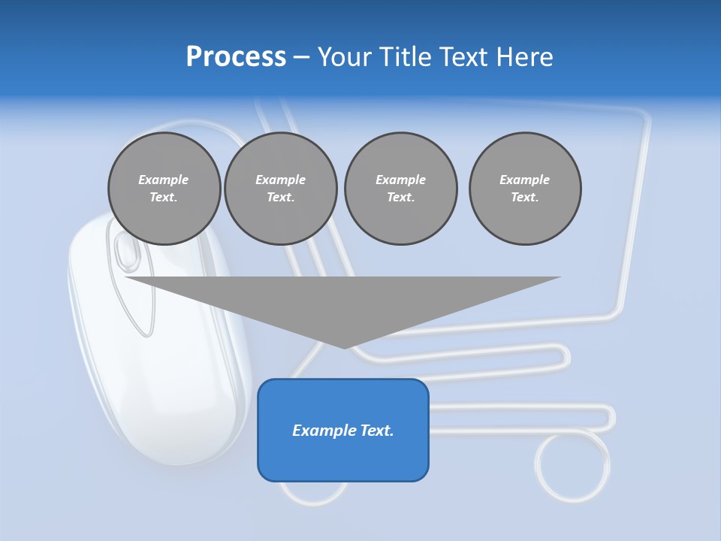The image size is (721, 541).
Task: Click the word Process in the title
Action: [x=236, y=57]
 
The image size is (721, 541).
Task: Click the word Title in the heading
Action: [x=401, y=57]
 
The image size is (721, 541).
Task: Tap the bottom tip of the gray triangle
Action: [x=344, y=347]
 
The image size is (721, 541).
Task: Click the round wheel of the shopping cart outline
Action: [x=572, y=465]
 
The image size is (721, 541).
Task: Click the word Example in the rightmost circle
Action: [x=524, y=180]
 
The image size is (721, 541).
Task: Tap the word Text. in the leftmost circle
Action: [x=164, y=197]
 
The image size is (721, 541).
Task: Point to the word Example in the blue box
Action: [x=316, y=431]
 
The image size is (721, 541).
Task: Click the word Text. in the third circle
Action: [x=400, y=197]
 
